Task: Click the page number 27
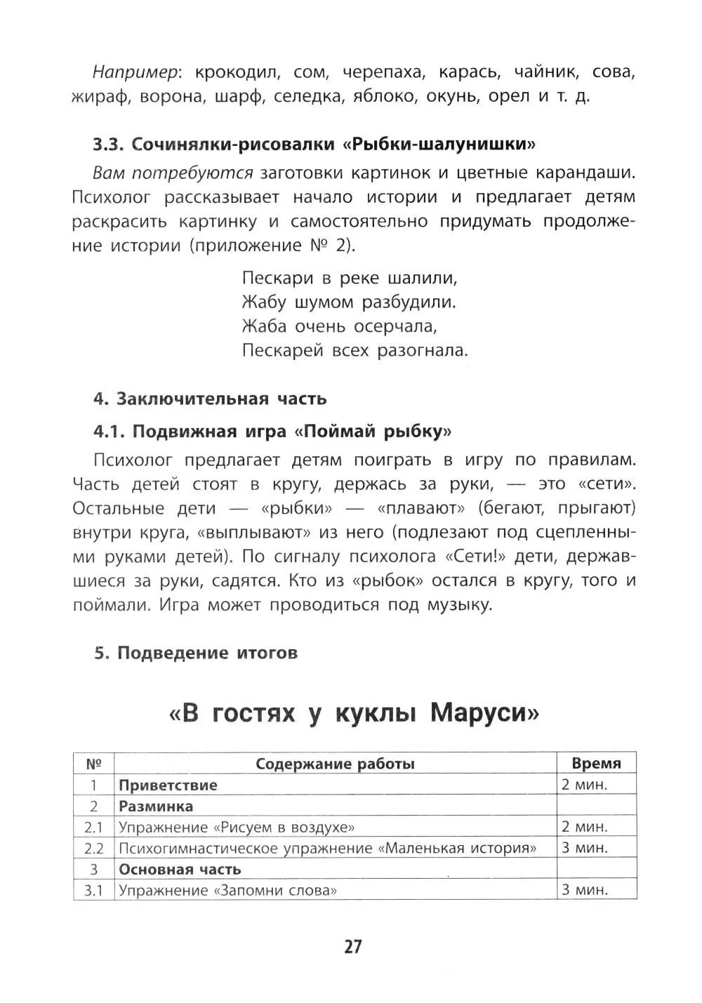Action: [x=352, y=947]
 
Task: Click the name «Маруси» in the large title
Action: [x=484, y=713]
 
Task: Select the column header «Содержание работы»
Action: [x=335, y=764]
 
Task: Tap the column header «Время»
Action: [x=596, y=764]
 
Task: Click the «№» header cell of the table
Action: [x=93, y=764]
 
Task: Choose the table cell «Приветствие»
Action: [x=168, y=785]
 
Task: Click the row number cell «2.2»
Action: [x=93, y=848]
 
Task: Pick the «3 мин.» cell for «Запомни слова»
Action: [x=584, y=890]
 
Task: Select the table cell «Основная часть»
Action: [x=180, y=869]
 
